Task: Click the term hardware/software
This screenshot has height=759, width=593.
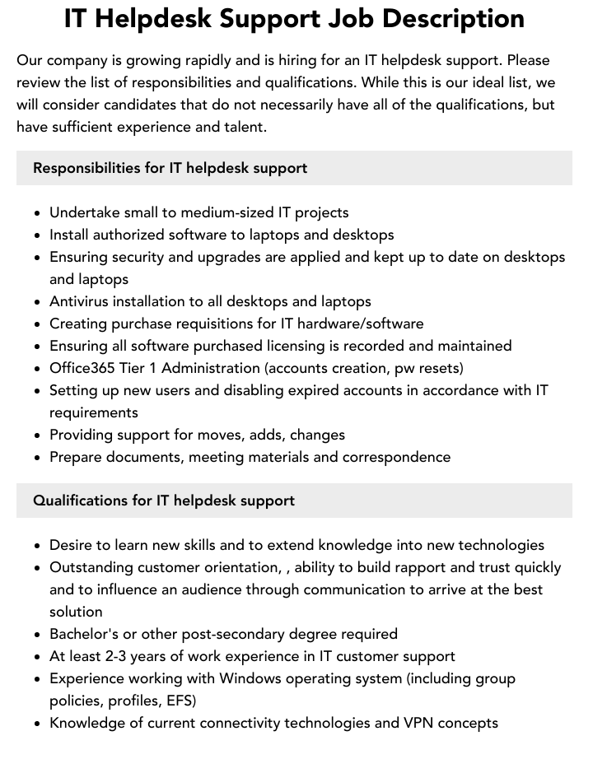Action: tap(372, 324)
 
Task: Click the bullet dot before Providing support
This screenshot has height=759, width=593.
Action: tap(38, 435)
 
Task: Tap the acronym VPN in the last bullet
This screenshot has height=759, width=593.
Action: tap(418, 723)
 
